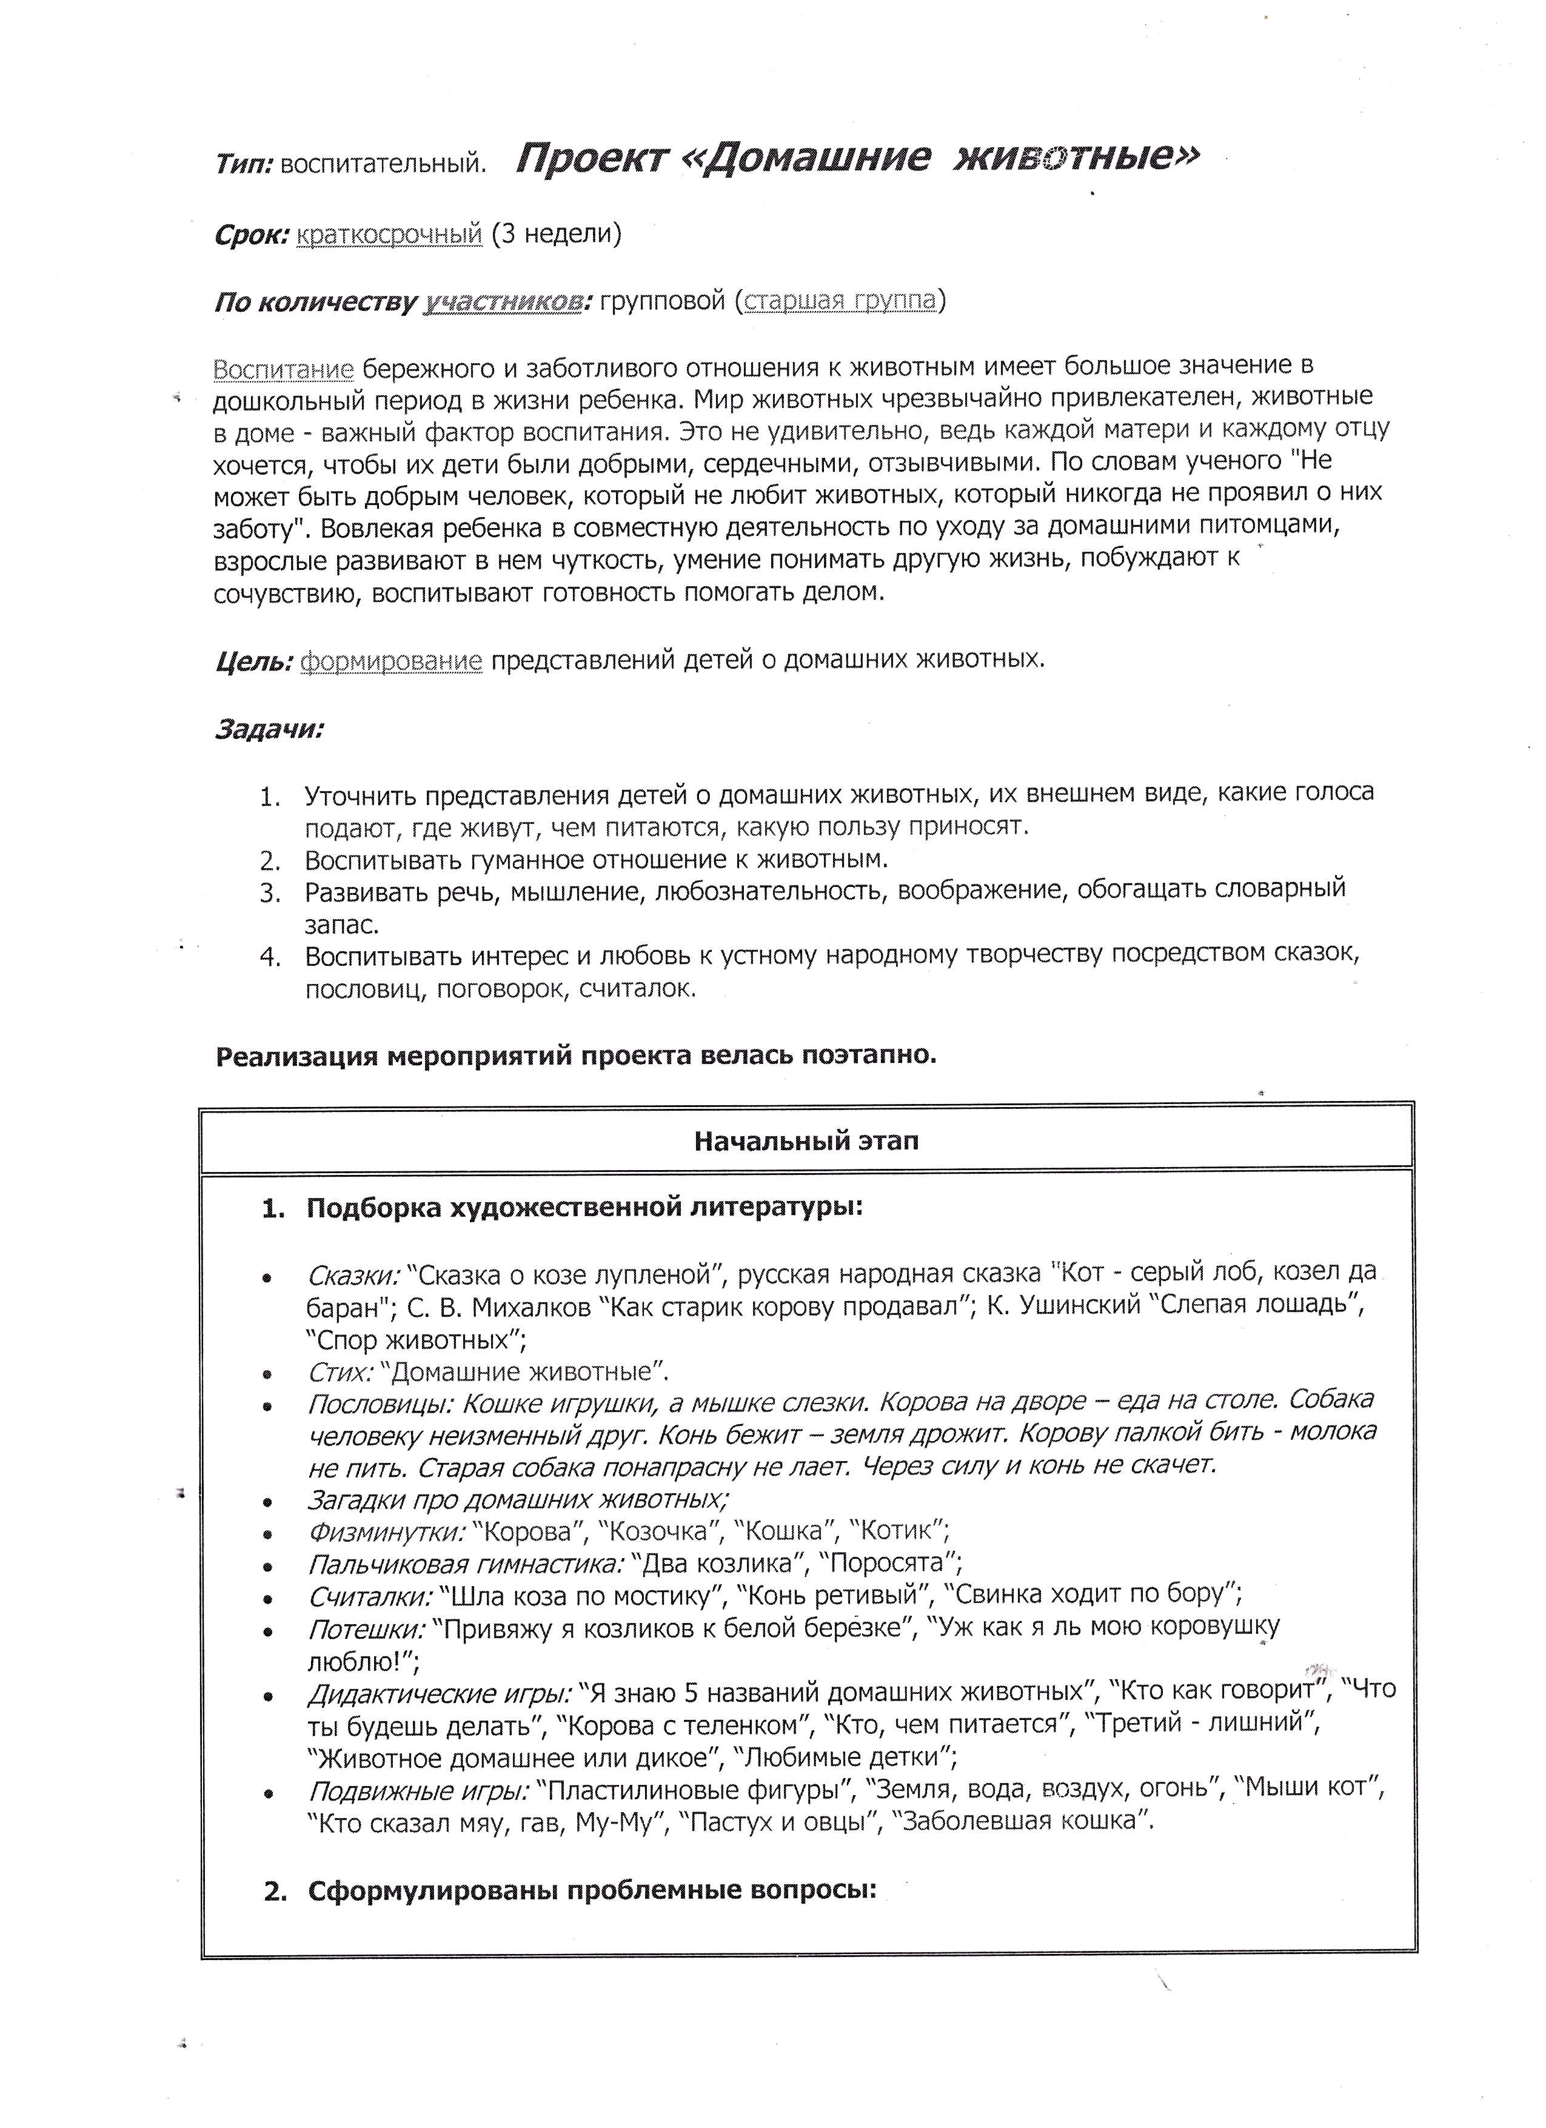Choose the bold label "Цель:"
click(254, 661)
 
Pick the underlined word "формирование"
click(391, 661)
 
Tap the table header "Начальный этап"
click(807, 1140)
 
